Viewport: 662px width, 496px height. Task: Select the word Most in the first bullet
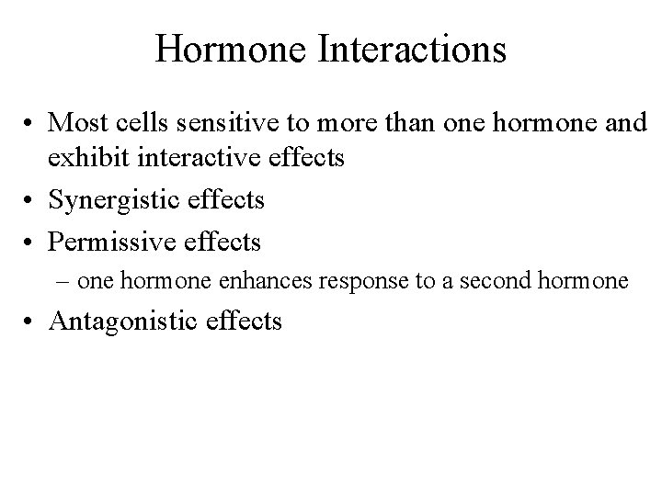74,121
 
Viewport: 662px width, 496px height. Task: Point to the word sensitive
223,121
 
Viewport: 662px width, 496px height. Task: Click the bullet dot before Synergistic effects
29,199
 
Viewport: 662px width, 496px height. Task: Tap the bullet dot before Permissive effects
29,242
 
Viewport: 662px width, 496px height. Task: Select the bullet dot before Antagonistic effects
29,321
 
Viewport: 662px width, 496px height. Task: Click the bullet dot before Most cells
29,121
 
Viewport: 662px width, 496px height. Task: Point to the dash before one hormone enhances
61,280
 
